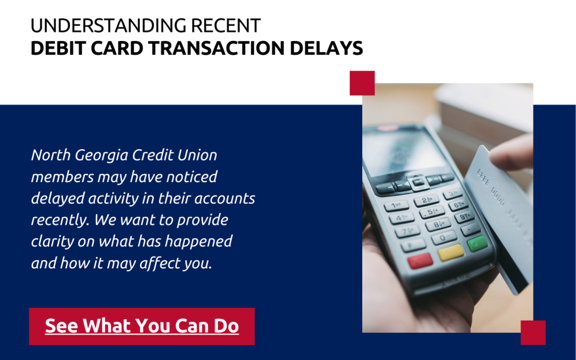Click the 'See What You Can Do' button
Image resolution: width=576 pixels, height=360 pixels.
(142, 326)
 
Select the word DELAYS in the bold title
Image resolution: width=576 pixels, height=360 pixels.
(326, 48)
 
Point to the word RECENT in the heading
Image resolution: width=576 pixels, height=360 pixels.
(226, 26)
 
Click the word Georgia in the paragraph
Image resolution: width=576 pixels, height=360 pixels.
(101, 156)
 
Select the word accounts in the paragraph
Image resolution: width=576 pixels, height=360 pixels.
(225, 199)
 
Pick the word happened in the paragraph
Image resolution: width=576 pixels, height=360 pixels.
(198, 242)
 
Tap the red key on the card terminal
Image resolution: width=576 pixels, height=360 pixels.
(420, 260)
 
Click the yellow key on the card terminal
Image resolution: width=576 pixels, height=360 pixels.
(451, 252)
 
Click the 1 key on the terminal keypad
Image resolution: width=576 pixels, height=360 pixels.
(396, 205)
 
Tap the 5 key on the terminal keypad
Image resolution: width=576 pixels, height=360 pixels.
(431, 212)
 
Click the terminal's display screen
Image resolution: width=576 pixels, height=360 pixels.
(404, 151)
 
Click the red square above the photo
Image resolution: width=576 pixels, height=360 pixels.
(362, 83)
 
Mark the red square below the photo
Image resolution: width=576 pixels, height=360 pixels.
(533, 332)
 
